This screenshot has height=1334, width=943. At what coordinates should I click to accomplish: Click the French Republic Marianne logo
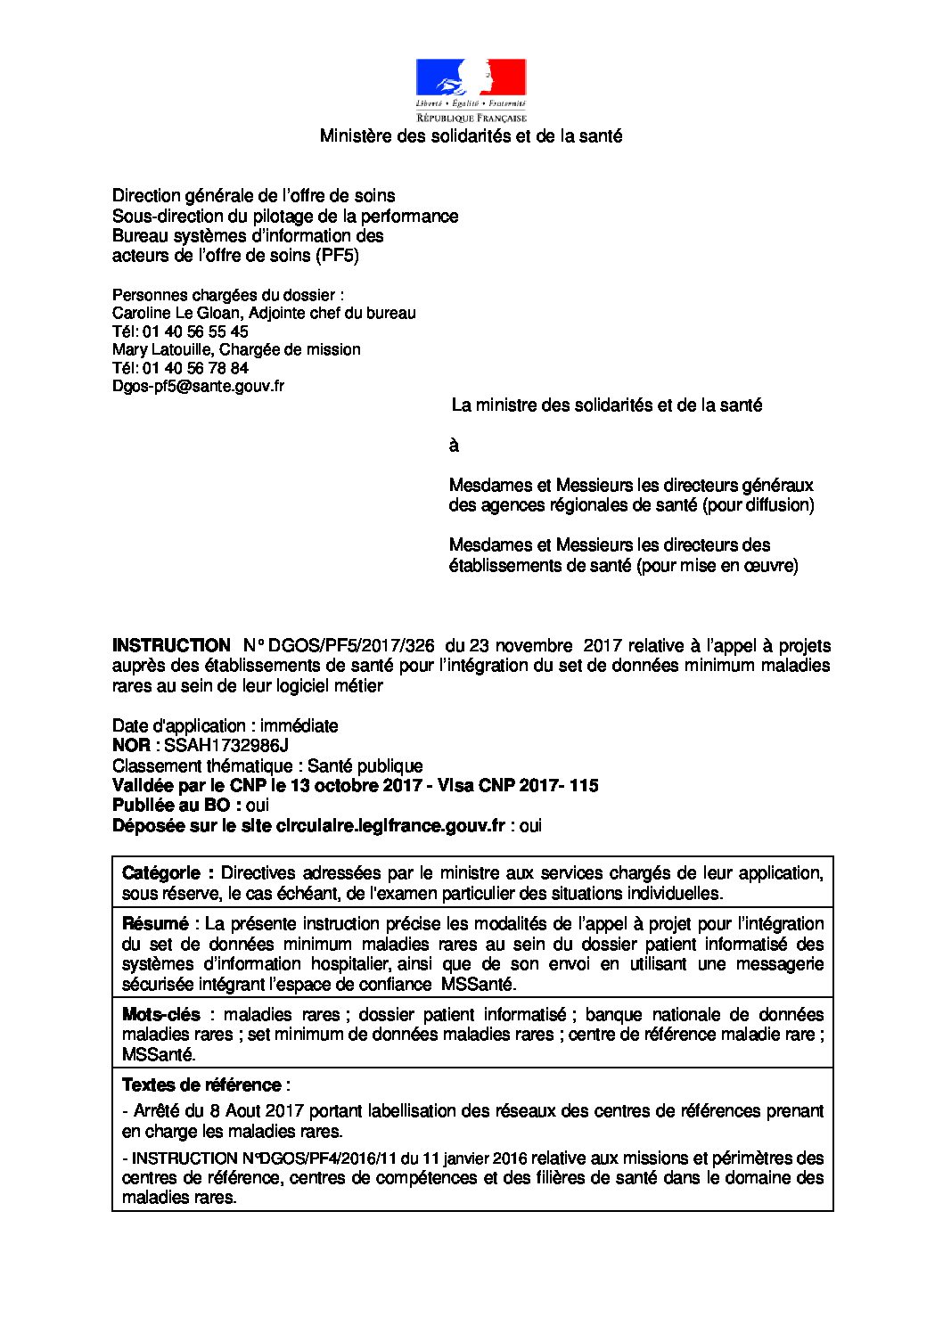pos(471,89)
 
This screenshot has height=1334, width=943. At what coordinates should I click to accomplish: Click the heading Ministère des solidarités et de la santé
pos(471,136)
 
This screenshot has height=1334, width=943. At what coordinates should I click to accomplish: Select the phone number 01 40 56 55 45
pos(195,331)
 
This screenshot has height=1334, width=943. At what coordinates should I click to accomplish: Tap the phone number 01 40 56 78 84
pos(195,368)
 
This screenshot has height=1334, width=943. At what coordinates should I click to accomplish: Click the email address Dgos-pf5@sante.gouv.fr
pos(198,387)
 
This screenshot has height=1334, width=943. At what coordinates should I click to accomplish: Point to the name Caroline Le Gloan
pos(176,314)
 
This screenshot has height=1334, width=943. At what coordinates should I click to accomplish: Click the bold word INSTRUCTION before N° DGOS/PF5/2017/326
pos(171,645)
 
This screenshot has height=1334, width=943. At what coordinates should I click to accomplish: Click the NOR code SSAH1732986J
pos(226,746)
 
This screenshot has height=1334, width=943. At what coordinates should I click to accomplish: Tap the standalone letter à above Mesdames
pos(454,446)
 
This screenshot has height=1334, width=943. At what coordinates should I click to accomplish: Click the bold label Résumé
pos(155,924)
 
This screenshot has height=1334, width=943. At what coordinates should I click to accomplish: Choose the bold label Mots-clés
pos(161,1015)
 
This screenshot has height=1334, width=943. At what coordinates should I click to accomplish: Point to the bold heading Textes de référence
pos(201,1085)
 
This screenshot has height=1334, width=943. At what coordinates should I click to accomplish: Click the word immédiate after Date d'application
pos(299,726)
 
